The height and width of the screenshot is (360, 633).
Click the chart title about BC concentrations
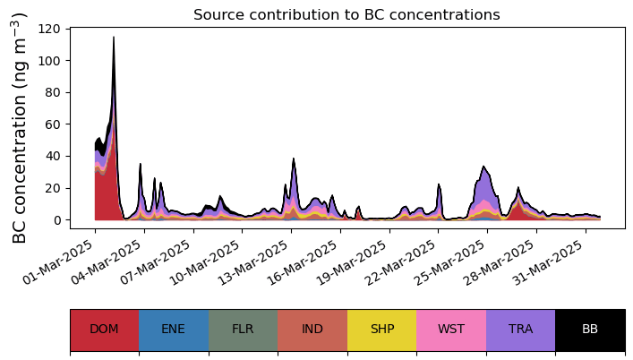[346, 14]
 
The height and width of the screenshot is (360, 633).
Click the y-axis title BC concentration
[20, 127]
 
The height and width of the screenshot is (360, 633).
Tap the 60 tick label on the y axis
[54, 124]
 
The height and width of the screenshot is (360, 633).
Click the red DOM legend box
[104, 330]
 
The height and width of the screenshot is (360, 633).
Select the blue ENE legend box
[174, 330]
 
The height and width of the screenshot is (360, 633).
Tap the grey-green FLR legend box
[243, 330]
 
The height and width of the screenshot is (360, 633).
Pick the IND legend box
[312, 330]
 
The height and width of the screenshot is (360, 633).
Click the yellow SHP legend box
[381, 330]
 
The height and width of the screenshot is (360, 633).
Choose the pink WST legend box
[451, 330]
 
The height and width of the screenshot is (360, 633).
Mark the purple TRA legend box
[520, 330]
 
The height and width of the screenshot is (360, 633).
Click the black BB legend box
[590, 330]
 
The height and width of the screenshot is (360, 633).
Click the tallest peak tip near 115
[114, 38]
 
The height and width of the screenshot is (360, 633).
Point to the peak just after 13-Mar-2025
[294, 159]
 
